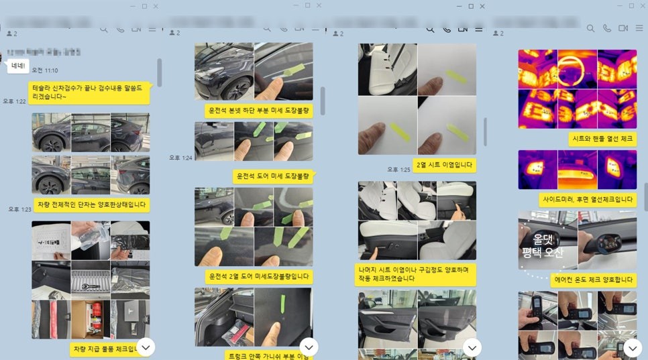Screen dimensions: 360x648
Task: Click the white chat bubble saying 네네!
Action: click(16, 66)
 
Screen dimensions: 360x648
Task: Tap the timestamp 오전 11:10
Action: click(45, 70)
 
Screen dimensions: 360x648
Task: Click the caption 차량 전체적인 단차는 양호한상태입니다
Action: click(91, 204)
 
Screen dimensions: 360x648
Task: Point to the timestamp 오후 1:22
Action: click(14, 101)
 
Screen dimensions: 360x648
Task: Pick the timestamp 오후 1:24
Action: click(180, 158)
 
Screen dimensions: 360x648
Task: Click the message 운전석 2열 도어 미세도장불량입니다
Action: click(259, 276)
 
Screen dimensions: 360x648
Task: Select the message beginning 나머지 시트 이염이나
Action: click(413, 273)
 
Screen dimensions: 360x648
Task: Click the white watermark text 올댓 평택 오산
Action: click(543, 245)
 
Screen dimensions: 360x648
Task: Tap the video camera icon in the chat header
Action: click(623, 28)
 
